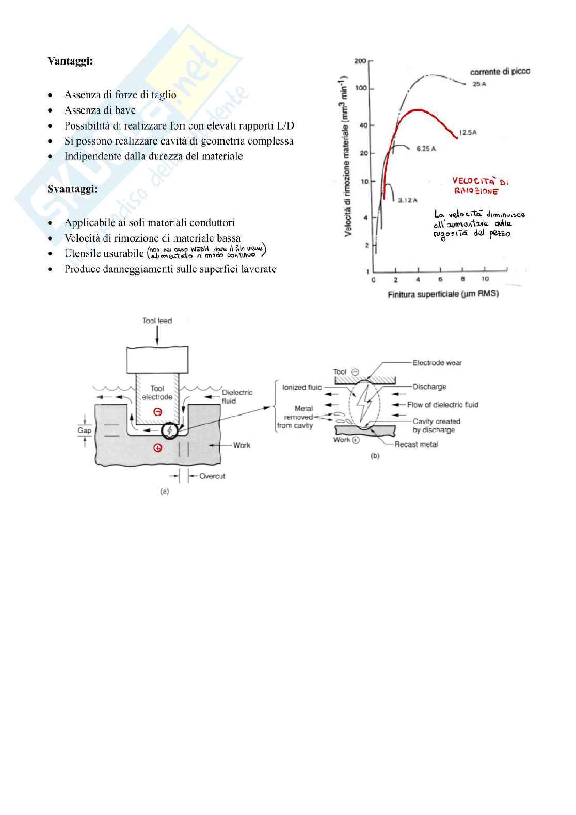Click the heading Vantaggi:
tap(70, 61)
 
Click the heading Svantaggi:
tap(72, 189)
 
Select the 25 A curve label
tap(479, 84)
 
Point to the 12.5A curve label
tap(467, 133)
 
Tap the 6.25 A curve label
tap(426, 149)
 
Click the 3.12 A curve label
tap(408, 200)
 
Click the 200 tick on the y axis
tap(360, 61)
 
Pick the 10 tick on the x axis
tap(485, 279)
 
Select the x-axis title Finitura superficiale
tap(443, 294)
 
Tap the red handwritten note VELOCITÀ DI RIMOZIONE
tap(479, 186)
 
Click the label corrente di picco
tap(500, 71)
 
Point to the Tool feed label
tap(157, 321)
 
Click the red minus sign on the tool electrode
tap(158, 412)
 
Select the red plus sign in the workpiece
tap(158, 448)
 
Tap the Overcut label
tap(212, 476)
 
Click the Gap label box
tap(85, 430)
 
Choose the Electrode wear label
tap(437, 363)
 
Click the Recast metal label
tap(416, 444)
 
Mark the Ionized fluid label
tap(302, 387)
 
